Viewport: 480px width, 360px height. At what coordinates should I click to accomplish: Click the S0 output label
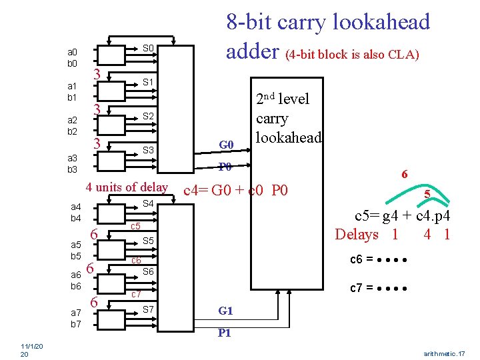click(x=149, y=48)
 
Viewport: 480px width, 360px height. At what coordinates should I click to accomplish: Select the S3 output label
click(x=149, y=151)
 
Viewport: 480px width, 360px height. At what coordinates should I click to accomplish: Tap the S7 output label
click(x=149, y=309)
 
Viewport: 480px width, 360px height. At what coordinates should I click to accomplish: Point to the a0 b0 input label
click(x=72, y=57)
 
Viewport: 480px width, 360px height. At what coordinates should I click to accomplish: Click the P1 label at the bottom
click(x=225, y=333)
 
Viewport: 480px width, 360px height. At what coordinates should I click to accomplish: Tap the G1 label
click(x=225, y=311)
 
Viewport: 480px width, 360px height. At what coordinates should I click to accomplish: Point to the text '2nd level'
click(x=283, y=99)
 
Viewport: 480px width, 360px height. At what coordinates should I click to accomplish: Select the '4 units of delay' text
click(x=127, y=187)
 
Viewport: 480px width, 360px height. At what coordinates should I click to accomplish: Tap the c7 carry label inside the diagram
click(x=135, y=294)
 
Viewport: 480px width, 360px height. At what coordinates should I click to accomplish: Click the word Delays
click(x=357, y=234)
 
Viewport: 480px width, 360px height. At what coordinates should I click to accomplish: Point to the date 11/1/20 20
click(x=31, y=351)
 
